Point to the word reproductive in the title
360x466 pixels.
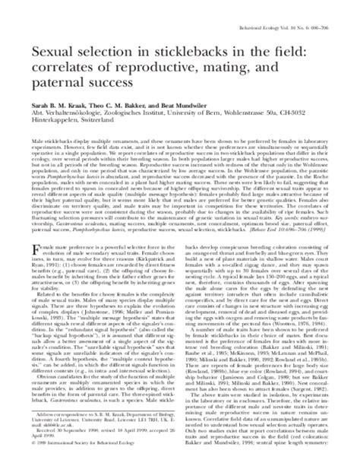pyautogui.click(x=161, y=67)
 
